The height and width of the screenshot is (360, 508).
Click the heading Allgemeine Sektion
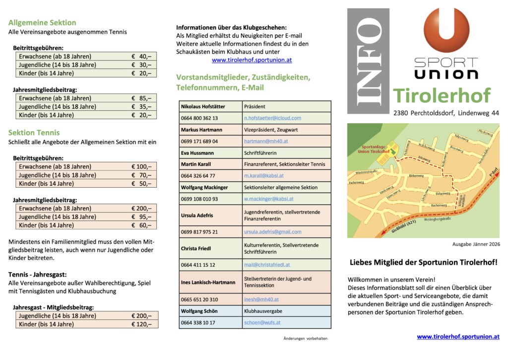(x=42, y=22)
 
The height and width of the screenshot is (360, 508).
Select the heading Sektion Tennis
(x=34, y=133)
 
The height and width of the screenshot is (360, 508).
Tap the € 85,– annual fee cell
(x=141, y=98)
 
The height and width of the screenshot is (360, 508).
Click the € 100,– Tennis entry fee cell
(x=141, y=167)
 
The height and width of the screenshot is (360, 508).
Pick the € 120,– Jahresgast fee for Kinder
(x=141, y=324)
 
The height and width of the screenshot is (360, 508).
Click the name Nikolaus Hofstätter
(x=203, y=107)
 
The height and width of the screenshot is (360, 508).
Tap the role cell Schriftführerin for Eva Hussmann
(x=260, y=153)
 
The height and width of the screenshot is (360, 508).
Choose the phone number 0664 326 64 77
(x=198, y=176)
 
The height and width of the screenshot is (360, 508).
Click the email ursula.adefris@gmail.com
(x=272, y=232)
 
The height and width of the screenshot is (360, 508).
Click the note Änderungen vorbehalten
(x=305, y=339)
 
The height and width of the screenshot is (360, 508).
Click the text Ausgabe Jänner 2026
(x=476, y=244)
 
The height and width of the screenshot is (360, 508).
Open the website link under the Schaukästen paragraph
(x=252, y=60)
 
